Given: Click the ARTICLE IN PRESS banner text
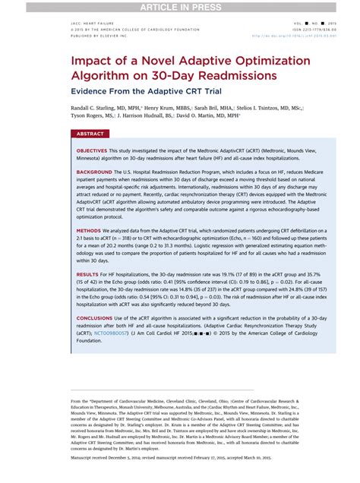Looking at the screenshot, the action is (x=180, y=6).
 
